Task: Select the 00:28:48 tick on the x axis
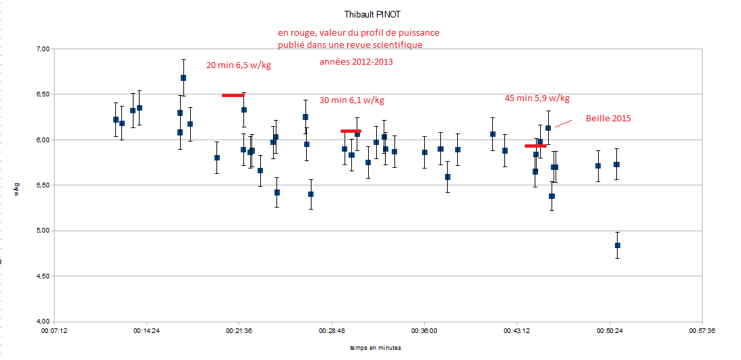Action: point(331,331)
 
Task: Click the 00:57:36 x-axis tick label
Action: point(702,331)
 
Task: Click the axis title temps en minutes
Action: point(375,348)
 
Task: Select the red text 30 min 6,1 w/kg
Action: point(351,100)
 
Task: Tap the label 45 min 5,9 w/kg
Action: point(537,98)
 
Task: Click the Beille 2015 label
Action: point(607,119)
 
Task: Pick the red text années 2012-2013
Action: point(355,61)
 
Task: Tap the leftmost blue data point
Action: point(116,119)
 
